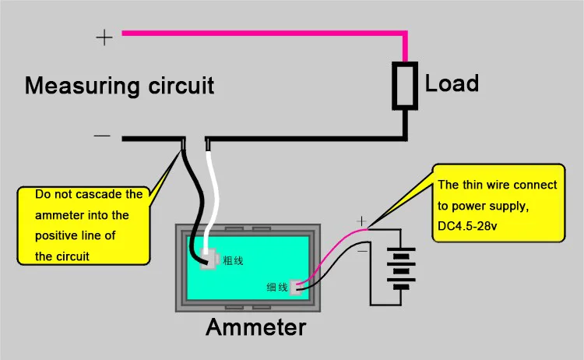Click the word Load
452,83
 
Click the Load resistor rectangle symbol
405,86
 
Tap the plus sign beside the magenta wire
104,37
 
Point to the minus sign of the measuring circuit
102,136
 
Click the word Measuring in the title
83,86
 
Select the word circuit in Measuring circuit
181,86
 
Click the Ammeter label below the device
256,326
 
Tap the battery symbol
401,268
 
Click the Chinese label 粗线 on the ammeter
233,260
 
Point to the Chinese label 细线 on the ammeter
277,287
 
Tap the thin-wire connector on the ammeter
296,288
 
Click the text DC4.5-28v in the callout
467,226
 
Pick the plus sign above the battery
361,221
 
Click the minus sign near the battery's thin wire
362,251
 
